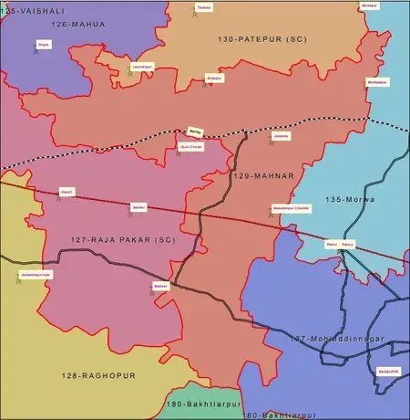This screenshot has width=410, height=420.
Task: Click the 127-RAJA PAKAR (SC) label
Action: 109,240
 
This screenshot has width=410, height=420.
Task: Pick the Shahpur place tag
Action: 214,78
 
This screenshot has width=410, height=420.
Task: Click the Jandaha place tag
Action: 282,136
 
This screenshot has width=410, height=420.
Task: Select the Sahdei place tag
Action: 139,208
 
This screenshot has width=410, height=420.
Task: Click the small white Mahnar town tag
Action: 161,286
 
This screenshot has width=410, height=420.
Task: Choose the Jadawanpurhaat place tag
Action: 36,273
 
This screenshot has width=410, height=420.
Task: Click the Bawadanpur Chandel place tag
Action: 292,208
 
